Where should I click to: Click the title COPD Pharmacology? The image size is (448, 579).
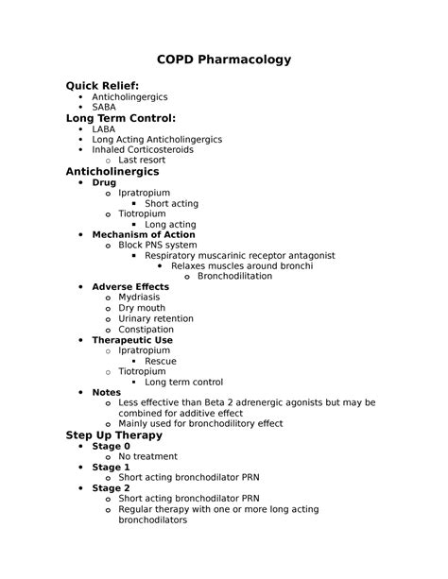point(223,60)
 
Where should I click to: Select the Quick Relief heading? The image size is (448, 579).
point(102,86)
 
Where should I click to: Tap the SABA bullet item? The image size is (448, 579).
point(104,108)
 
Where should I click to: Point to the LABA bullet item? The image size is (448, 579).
point(104,128)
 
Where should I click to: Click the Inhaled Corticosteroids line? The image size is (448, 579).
point(143,149)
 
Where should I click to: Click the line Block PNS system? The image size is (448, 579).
point(158,245)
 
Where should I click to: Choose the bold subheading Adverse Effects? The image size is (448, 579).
point(130,286)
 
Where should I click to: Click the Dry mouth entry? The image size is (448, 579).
point(142,308)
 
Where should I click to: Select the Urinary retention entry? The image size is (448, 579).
point(156,319)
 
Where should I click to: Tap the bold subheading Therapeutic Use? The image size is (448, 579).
point(132,340)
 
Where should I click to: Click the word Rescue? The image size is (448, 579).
point(161,361)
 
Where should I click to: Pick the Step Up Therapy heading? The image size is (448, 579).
point(113,435)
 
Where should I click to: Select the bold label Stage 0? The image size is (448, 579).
point(112,446)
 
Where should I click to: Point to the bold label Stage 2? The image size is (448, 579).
point(112,488)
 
